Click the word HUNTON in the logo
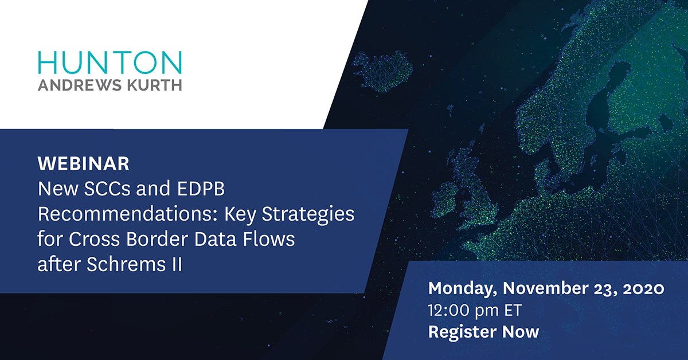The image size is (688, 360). click(x=109, y=62)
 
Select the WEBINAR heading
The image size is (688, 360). click(x=84, y=164)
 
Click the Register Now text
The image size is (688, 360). click(x=484, y=331)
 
